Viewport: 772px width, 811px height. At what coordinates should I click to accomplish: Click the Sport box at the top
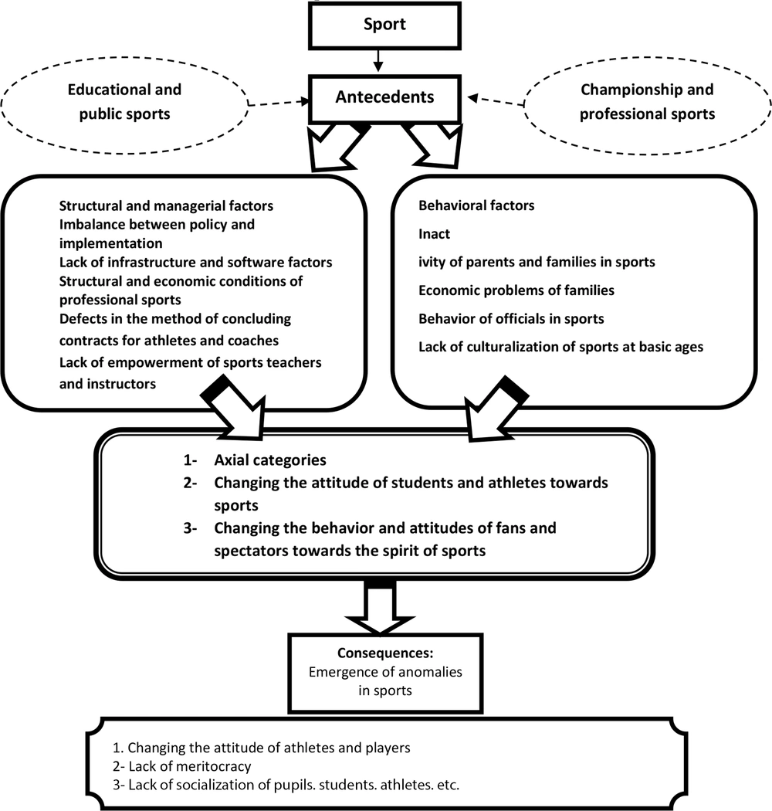[384, 25]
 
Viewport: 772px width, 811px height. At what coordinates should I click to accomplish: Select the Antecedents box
[384, 99]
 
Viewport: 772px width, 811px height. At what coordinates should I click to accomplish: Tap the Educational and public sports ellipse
[124, 105]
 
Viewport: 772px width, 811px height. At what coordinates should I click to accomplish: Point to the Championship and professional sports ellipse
[648, 105]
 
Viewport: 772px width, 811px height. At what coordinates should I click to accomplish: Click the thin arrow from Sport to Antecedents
[378, 60]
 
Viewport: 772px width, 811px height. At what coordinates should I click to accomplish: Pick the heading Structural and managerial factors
[166, 206]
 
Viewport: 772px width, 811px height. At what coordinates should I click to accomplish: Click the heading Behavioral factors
[476, 205]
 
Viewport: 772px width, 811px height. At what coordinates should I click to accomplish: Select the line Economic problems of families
[516, 290]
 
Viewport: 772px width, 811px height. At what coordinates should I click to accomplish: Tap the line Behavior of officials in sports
[511, 318]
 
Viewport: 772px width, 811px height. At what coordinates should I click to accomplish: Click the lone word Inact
[434, 234]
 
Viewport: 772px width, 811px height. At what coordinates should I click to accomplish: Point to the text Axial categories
[270, 460]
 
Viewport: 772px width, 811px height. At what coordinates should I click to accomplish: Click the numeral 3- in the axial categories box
[190, 528]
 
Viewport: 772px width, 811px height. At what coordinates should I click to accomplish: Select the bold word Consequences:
[385, 653]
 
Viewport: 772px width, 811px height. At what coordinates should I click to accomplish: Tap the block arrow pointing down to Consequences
[380, 607]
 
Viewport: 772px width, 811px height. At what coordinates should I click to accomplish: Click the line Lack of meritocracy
[182, 766]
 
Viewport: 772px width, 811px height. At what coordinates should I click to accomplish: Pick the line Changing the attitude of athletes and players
[262, 748]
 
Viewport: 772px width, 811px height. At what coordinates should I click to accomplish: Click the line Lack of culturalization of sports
[561, 347]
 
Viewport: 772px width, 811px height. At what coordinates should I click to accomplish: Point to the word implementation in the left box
[110, 243]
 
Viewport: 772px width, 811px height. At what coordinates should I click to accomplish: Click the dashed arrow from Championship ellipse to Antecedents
[496, 100]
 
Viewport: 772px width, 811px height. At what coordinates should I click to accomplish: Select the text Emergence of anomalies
[385, 672]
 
